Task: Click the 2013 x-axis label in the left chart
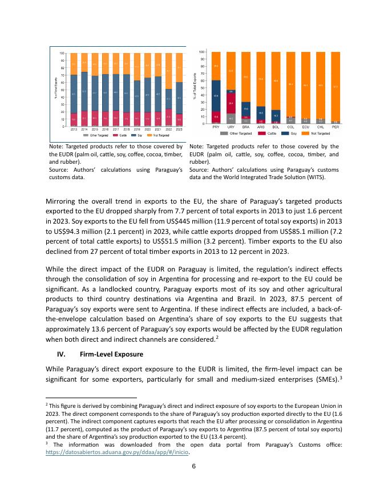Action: tap(74, 130)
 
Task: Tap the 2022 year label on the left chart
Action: tap(168, 130)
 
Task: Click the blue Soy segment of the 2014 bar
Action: tap(84, 91)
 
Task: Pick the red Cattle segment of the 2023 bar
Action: tap(179, 120)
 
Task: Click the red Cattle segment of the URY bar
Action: tap(231, 104)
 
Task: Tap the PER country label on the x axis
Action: tap(336, 127)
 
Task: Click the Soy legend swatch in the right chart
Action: tap(285, 133)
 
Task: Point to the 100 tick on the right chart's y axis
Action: tap(203, 52)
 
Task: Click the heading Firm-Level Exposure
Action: tap(111, 354)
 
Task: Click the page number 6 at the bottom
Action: tap(194, 466)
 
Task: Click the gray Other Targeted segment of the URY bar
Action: tap(231, 118)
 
